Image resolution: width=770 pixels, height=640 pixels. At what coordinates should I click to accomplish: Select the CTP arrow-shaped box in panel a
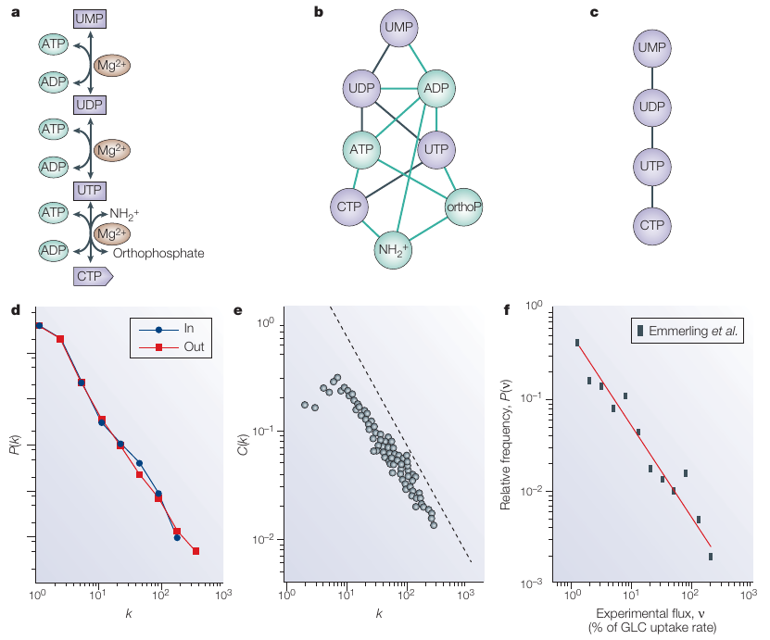pyautogui.click(x=93, y=275)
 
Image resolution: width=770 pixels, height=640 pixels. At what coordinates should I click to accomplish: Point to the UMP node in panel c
pyautogui.click(x=652, y=47)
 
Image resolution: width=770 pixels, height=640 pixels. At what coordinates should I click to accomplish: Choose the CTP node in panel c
pyautogui.click(x=652, y=225)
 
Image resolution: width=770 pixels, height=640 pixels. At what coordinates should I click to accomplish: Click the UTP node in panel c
pyautogui.click(x=652, y=166)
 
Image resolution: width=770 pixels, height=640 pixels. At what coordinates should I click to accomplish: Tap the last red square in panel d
pyautogui.click(x=196, y=552)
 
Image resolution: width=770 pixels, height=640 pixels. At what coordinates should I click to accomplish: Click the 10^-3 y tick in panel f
pyautogui.click(x=530, y=583)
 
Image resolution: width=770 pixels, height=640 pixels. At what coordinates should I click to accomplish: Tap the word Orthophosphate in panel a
pyautogui.click(x=158, y=252)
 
